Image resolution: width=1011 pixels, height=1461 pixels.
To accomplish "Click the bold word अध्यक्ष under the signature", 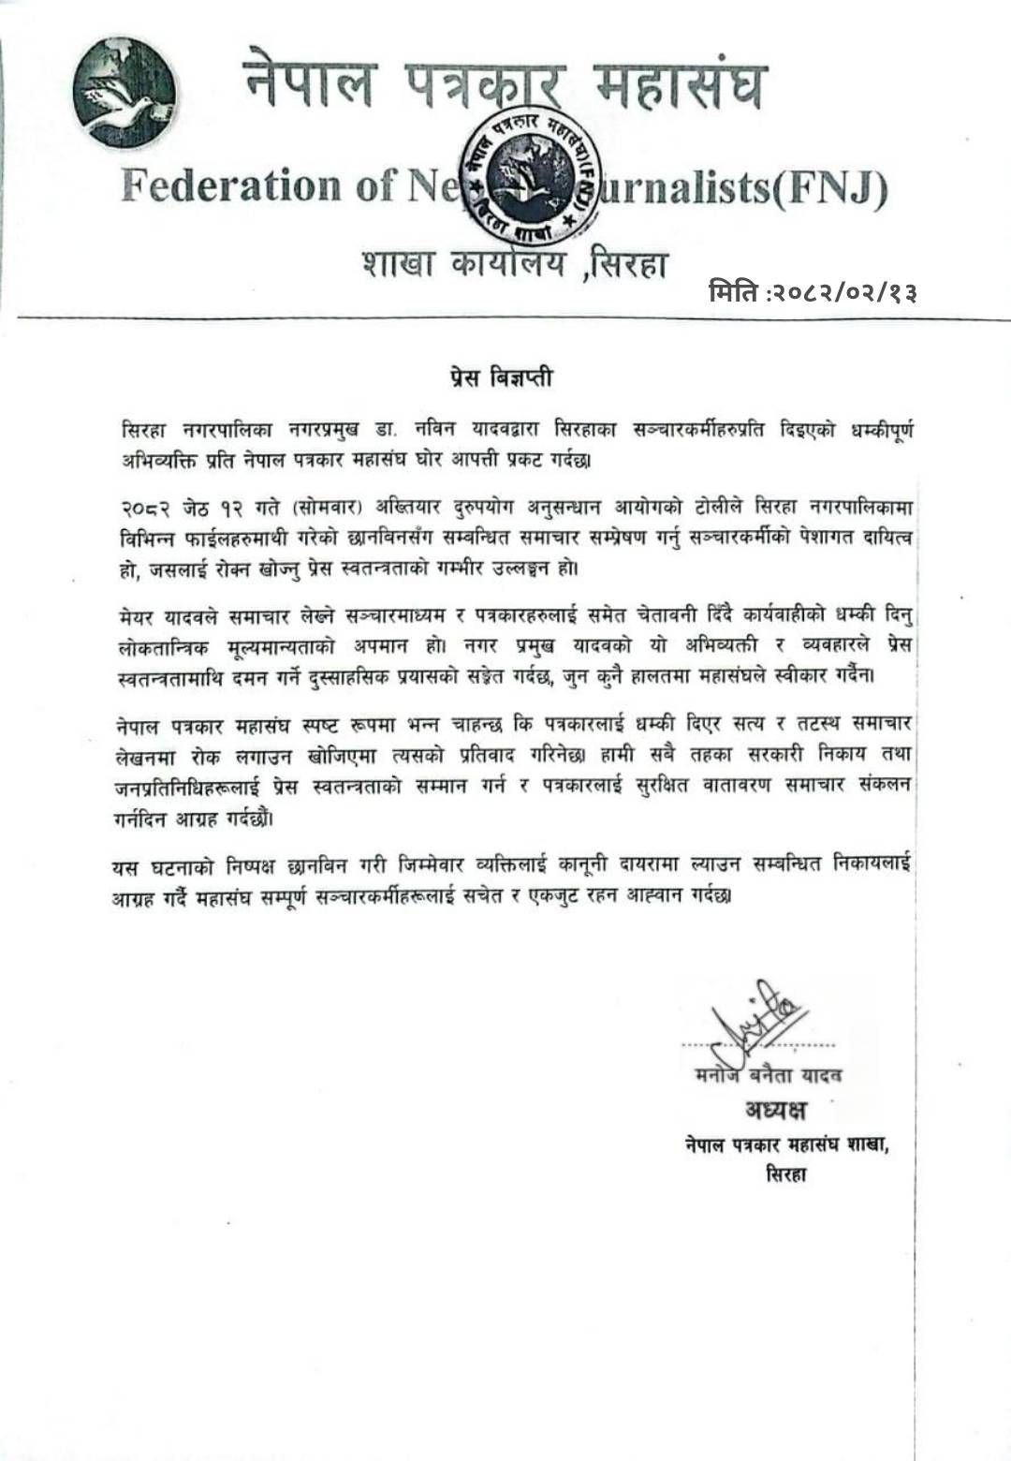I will click(775, 1111).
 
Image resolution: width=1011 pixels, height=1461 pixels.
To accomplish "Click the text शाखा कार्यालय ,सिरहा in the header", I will click(515, 265).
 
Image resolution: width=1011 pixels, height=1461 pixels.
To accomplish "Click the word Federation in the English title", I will click(230, 185).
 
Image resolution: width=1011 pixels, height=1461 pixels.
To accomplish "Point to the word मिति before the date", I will click(735, 293).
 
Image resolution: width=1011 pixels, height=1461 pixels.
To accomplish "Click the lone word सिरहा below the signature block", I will click(785, 1174).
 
